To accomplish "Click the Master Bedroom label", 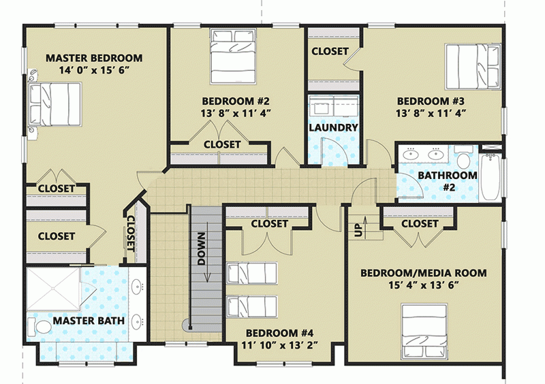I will [x=94, y=58].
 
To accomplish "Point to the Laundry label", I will [x=333, y=127].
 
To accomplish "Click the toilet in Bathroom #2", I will [x=464, y=161].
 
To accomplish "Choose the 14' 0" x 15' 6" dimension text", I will [x=94, y=70].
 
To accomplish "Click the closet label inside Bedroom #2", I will [x=222, y=144].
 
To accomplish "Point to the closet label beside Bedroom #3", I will [x=330, y=51].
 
